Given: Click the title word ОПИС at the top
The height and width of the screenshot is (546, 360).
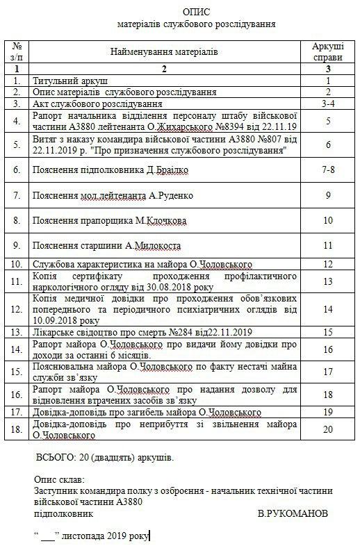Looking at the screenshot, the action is point(196,13).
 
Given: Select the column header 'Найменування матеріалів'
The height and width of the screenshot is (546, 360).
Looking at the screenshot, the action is point(164,51).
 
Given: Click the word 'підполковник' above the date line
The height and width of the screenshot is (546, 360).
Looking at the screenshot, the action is point(63,515).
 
